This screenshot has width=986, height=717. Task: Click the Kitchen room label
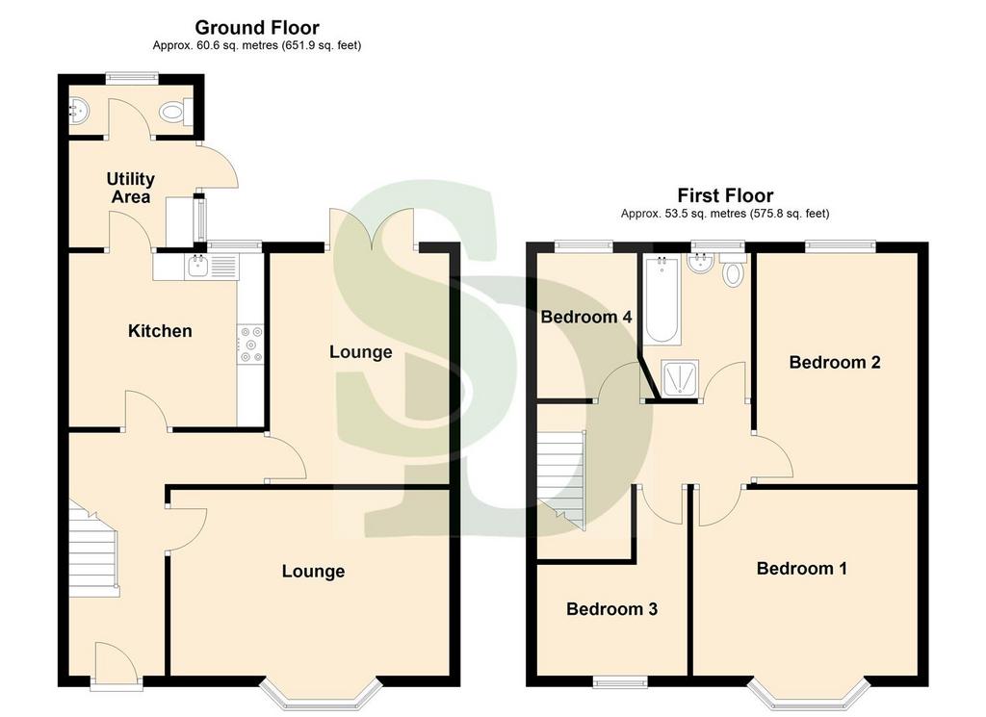(x=160, y=331)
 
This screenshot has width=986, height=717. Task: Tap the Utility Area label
(x=131, y=188)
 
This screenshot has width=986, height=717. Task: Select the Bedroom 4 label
(x=586, y=317)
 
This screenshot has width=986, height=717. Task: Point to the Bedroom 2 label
(x=835, y=362)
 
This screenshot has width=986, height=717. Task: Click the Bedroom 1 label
(x=802, y=569)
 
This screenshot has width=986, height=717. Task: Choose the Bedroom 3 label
(x=611, y=609)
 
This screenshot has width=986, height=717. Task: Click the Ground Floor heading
(x=257, y=28)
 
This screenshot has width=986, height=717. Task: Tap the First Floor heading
(x=725, y=195)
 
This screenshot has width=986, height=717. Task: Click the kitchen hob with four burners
(x=250, y=345)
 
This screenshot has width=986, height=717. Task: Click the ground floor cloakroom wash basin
(x=78, y=112)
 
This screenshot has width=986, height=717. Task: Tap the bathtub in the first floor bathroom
(x=662, y=299)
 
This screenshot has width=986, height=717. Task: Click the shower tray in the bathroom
(x=680, y=379)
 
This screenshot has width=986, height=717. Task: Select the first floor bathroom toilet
(x=732, y=269)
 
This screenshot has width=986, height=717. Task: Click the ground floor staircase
(x=93, y=548)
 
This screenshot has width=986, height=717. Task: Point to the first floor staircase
(x=561, y=480)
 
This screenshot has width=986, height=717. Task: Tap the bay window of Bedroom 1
(x=808, y=693)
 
